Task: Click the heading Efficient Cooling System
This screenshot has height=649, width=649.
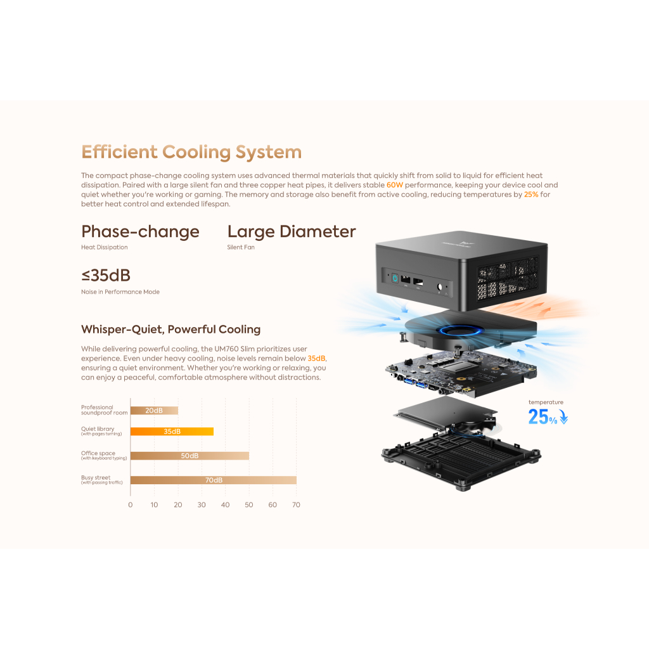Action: tap(191, 152)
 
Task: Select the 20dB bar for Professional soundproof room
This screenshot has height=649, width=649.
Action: tap(154, 410)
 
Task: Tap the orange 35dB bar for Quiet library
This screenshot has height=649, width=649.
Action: tap(172, 431)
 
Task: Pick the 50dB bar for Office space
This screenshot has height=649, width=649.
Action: tap(190, 456)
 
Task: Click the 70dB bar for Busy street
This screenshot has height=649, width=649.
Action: tap(213, 480)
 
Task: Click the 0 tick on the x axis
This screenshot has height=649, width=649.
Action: tap(131, 505)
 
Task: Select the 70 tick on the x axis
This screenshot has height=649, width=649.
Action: tap(296, 505)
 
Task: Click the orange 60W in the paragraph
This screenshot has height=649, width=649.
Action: tap(395, 185)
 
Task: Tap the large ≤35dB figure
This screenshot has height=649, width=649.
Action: tap(106, 276)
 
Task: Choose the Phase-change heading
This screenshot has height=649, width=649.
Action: tap(140, 232)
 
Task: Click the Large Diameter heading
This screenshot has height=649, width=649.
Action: tap(292, 232)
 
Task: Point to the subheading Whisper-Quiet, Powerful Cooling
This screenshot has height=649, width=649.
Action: tap(170, 330)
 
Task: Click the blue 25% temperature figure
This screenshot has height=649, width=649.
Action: tap(543, 416)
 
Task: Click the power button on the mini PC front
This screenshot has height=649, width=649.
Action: tap(394, 277)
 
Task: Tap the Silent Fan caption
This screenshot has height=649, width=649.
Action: tap(241, 247)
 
